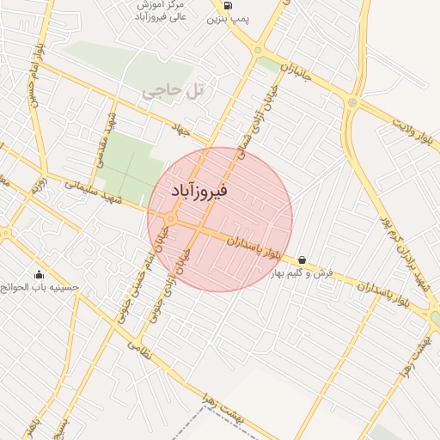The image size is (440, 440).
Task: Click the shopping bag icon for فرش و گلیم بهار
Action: point(302,260)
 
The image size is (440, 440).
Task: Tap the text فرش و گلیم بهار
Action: point(302,273)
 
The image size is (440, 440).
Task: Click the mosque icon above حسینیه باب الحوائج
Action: point(39,275)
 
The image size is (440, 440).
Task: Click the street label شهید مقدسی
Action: point(107,137)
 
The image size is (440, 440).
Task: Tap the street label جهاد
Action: point(180,129)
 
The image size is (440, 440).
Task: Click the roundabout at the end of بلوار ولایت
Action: point(351,103)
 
